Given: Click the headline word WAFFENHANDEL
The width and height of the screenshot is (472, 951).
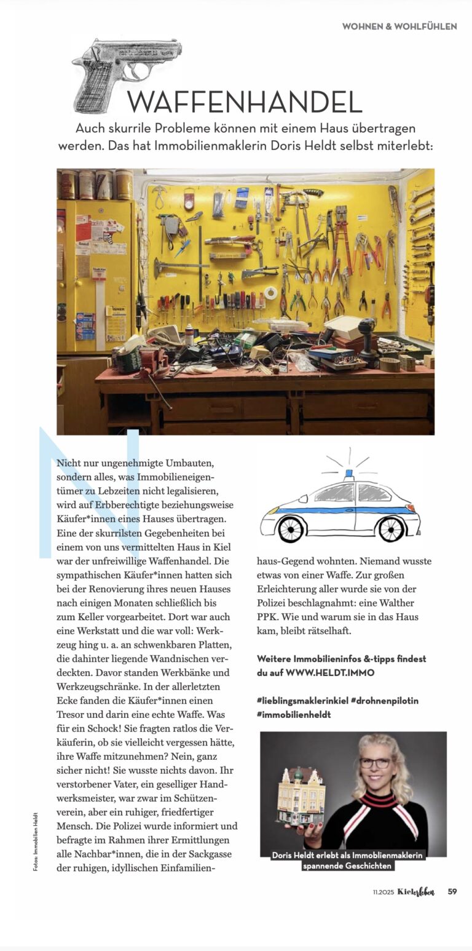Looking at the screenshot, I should click(245, 102).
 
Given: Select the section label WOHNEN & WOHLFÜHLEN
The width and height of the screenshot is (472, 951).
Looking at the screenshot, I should click(399, 26).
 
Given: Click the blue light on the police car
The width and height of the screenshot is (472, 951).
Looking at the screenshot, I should click(349, 475).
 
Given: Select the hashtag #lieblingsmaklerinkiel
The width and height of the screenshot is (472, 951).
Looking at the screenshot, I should click(302, 701).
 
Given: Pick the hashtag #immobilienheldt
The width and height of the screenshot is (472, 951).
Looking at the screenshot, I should click(294, 714).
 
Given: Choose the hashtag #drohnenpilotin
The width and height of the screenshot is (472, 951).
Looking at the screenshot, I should click(385, 701).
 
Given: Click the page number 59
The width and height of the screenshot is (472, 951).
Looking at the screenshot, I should click(452, 891).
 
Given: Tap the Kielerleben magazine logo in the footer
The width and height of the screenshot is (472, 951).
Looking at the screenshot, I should click(415, 891).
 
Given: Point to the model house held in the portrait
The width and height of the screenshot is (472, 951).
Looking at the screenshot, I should click(301, 797).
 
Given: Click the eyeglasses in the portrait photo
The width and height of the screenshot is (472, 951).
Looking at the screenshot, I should click(375, 763).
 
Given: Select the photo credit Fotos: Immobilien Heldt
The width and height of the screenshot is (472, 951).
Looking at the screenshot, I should click(36, 841).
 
